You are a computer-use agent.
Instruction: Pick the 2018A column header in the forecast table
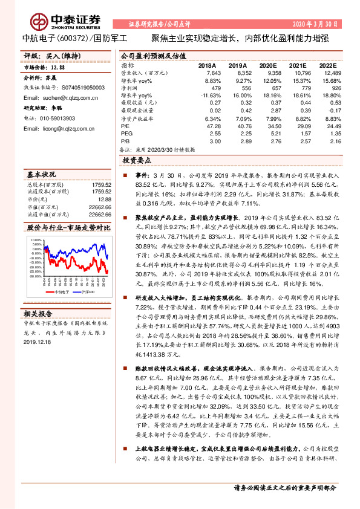coord(208,65)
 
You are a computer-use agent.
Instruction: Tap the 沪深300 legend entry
coord(84,290)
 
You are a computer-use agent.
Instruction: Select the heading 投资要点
coord(136,161)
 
